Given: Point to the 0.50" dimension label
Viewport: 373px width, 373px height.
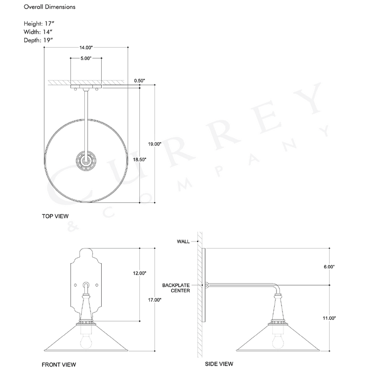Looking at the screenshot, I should pyautogui.click(x=139, y=81).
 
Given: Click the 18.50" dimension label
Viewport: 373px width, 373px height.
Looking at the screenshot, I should pyautogui.click(x=139, y=159).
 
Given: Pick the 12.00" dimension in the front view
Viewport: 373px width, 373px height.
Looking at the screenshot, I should pyautogui.click(x=139, y=273).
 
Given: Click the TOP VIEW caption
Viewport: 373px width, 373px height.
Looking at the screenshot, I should pyautogui.click(x=55, y=216).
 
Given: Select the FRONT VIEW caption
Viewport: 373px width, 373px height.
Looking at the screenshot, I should pyautogui.click(x=59, y=365).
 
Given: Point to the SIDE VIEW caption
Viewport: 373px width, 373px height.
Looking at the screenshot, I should pyautogui.click(x=219, y=364).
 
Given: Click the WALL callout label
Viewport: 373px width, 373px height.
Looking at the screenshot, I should pyautogui.click(x=183, y=241).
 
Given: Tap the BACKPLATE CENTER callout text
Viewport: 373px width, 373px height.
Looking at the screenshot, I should pyautogui.click(x=174, y=288).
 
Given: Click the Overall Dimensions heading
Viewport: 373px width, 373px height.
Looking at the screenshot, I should pyautogui.click(x=49, y=7).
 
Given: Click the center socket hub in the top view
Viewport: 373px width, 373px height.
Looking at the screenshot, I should pyautogui.click(x=86, y=161).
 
